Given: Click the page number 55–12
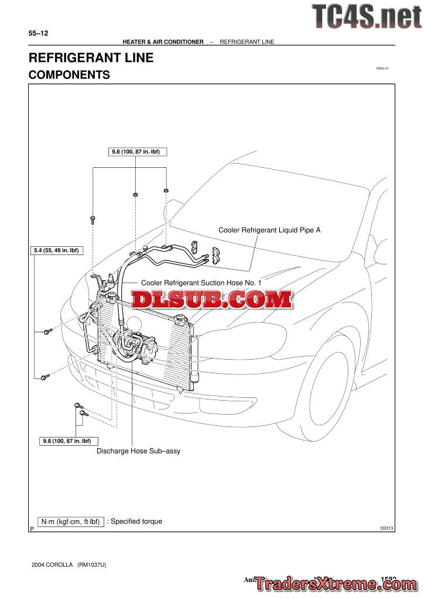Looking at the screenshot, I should [38, 34].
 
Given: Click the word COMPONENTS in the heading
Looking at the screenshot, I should [69, 75].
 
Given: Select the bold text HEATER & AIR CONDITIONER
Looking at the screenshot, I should [163, 42].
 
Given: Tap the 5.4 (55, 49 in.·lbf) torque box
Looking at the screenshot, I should [57, 250].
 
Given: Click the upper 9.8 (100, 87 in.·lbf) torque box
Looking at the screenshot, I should [135, 152].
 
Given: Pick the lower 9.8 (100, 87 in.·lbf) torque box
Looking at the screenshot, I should [69, 440].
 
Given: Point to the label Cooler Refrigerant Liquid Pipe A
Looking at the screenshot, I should [269, 230].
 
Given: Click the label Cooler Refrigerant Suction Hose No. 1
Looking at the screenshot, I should [201, 283].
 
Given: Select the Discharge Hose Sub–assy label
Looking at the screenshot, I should [138, 451].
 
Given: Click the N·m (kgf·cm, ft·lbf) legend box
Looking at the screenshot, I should [70, 522].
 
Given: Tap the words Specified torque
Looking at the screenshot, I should [136, 521].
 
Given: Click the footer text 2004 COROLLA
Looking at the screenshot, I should [53, 565].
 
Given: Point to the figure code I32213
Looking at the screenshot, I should [387, 528].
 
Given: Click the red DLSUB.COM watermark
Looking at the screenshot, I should [211, 300].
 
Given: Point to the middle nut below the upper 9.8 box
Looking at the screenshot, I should [135, 194].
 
